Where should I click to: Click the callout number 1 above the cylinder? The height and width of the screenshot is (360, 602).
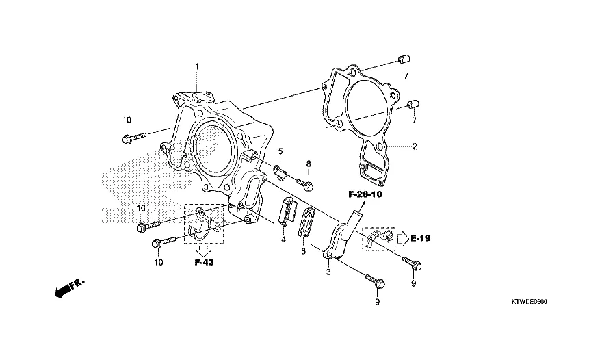(197, 67)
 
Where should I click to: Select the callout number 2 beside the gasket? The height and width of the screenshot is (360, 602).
(415, 146)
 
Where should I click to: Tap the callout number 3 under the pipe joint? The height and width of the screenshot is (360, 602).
(328, 272)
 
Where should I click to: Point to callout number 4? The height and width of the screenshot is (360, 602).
(283, 240)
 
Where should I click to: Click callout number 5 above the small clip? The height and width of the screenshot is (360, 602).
(280, 151)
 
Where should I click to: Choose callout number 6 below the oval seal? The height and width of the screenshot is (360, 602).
(303, 252)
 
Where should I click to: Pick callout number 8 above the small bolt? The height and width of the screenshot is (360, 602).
(309, 164)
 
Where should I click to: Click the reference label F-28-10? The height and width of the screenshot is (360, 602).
(365, 194)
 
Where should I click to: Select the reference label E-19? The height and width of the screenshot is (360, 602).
(421, 238)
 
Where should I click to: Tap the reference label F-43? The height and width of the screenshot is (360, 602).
(205, 263)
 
